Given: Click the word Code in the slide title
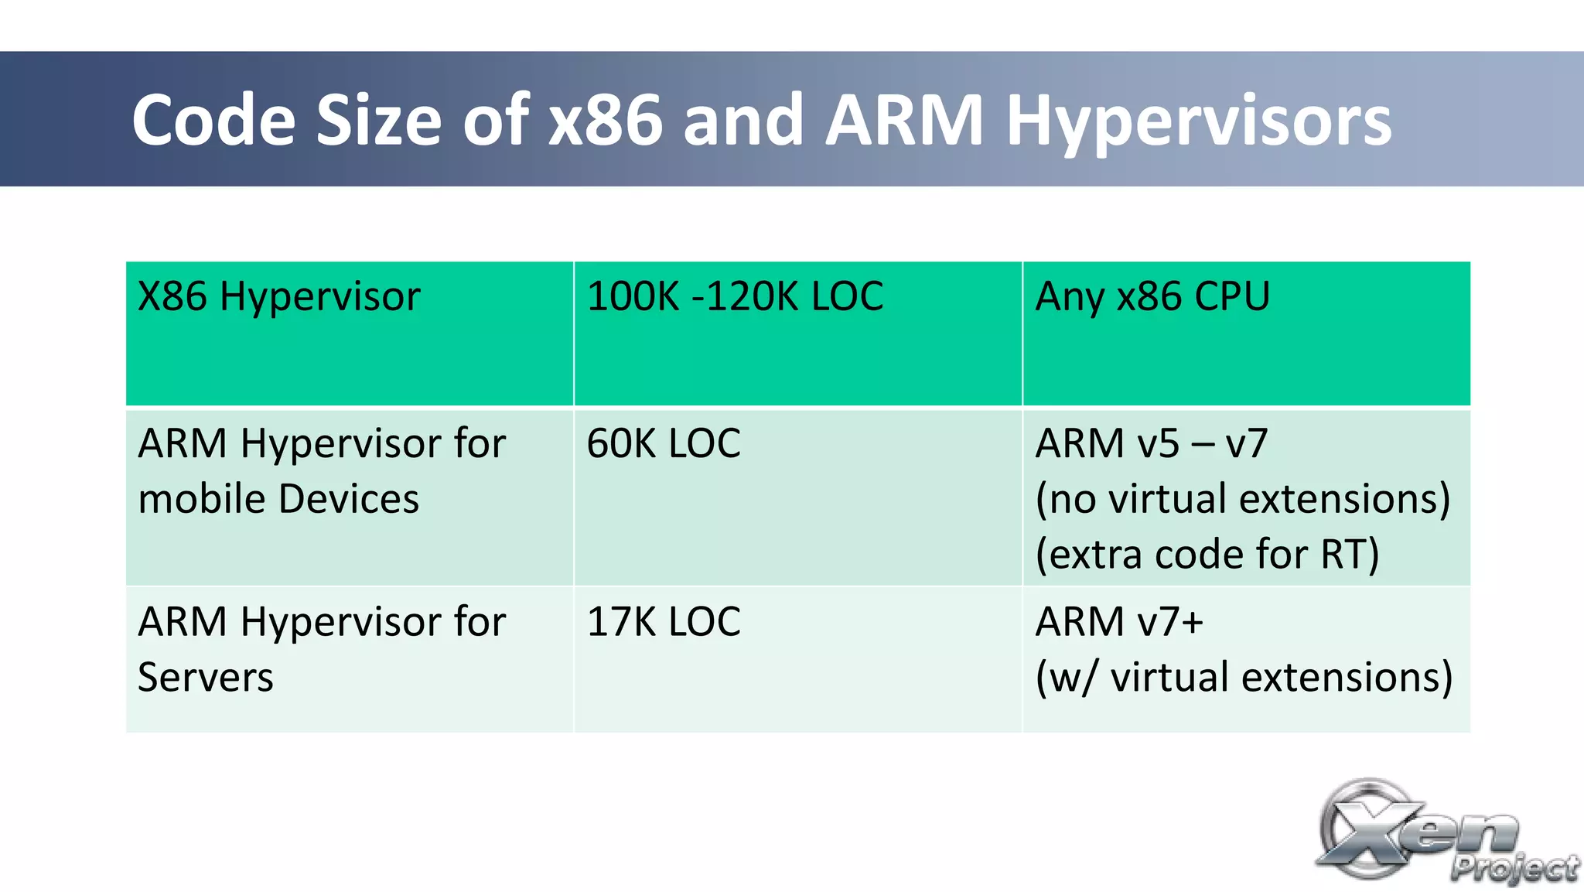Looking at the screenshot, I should point(213,121).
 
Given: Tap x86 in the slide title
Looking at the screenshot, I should point(606,121).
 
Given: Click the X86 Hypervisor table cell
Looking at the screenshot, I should point(279,297).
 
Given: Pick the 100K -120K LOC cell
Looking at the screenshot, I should point(735,297).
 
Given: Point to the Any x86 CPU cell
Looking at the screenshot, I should point(1152,297).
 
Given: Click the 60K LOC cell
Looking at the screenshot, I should point(664,444).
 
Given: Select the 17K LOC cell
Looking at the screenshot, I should point(664,622).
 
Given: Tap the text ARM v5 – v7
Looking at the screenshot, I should point(1152,444).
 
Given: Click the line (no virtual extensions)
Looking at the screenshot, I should point(1242,499).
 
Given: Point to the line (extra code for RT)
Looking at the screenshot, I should point(1207,555).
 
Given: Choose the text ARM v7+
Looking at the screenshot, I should point(1119,622).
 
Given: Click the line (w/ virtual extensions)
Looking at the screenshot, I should point(1244,678).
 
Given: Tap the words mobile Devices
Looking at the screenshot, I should point(278,499).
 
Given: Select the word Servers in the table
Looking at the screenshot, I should point(206,678).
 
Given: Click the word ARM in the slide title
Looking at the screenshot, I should point(903,121).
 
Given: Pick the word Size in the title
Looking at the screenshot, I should point(379,121).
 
